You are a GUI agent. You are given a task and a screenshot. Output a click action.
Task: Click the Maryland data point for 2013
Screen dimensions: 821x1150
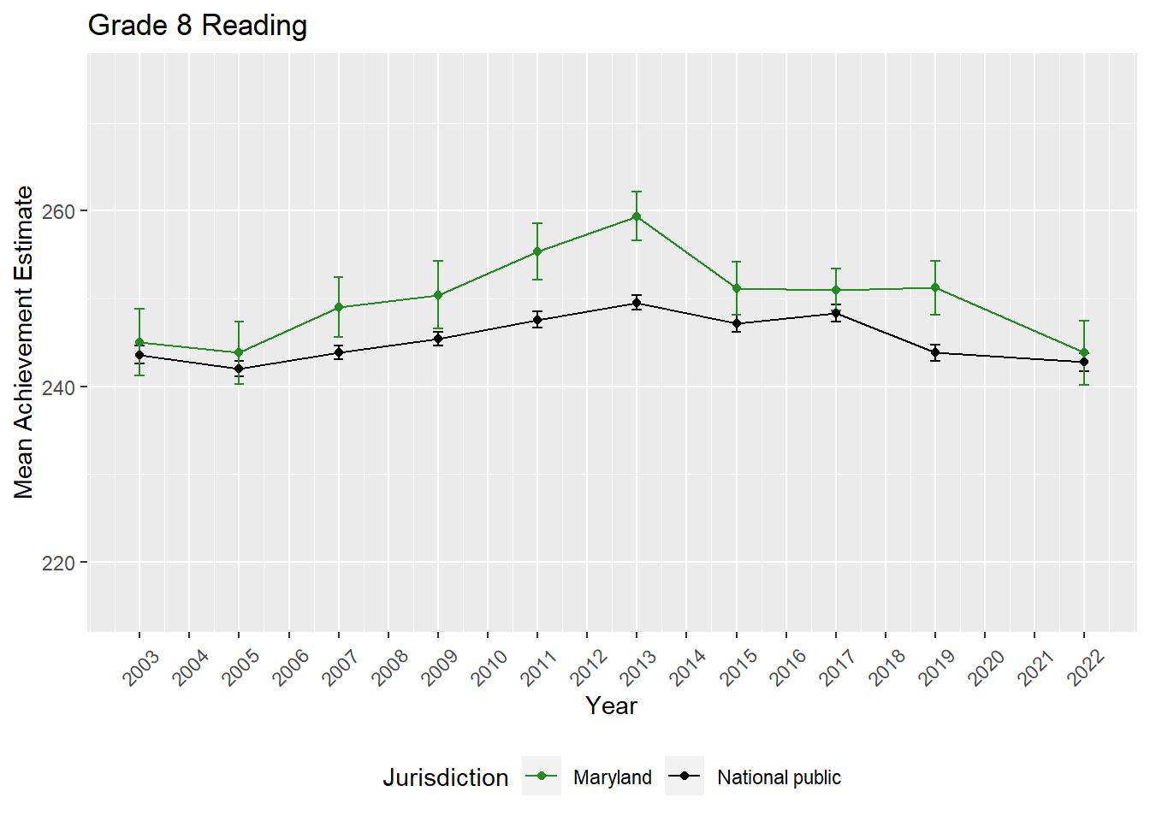coord(637,216)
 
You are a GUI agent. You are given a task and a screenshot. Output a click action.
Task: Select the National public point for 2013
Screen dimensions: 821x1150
coord(637,303)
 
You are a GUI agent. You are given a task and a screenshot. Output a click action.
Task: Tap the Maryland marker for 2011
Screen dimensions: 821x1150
coord(537,251)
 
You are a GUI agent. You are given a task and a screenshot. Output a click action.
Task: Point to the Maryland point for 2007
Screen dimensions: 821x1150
coord(339,307)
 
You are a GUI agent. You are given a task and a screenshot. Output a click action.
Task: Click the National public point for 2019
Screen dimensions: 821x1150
coord(935,352)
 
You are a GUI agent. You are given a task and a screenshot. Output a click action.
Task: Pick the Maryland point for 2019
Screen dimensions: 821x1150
coord(935,287)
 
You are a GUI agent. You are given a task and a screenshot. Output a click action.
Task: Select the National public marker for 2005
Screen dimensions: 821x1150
coord(239,369)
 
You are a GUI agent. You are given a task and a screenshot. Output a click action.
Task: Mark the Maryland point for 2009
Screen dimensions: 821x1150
coord(438,295)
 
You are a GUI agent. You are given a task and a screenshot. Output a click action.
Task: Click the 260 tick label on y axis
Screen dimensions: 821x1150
coord(58,211)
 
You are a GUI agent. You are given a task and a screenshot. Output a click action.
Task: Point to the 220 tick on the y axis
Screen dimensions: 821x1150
coord(58,563)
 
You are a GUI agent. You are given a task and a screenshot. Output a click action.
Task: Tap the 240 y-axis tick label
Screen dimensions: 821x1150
coord(58,387)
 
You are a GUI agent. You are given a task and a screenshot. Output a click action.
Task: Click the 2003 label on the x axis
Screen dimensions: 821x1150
coord(141,668)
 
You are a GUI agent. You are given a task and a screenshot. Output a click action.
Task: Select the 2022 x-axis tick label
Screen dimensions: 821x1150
coord(1086,668)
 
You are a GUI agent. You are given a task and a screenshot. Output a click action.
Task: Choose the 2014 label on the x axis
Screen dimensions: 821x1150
coord(688,668)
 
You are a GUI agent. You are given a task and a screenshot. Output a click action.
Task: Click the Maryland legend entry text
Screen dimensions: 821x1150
coord(612,777)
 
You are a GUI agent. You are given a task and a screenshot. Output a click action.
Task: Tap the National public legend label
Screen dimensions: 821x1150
coord(779,777)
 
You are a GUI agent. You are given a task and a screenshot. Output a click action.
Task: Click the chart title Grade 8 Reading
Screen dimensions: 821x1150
coord(198,26)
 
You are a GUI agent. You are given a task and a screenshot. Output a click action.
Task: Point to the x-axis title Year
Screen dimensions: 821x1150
coord(611,706)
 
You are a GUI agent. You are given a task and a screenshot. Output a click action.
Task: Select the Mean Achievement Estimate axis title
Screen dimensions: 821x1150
coord(24,342)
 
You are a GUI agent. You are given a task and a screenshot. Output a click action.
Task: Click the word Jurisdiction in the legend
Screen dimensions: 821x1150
coord(445,777)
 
